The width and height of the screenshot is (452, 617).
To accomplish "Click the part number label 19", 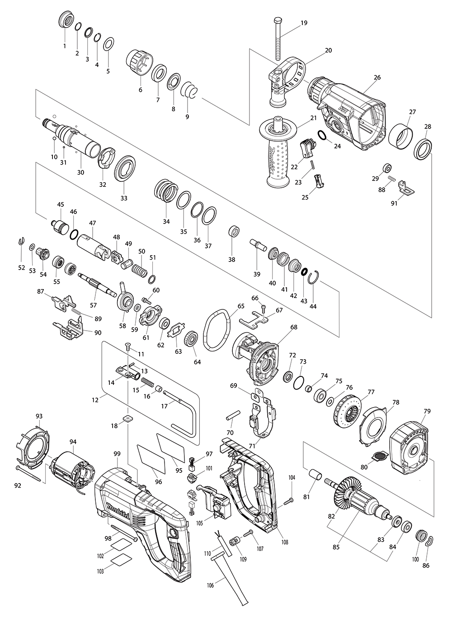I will click(304, 23).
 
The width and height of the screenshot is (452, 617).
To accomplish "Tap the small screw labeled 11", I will click(127, 347).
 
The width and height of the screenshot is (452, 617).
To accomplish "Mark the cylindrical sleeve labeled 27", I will click(401, 136).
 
